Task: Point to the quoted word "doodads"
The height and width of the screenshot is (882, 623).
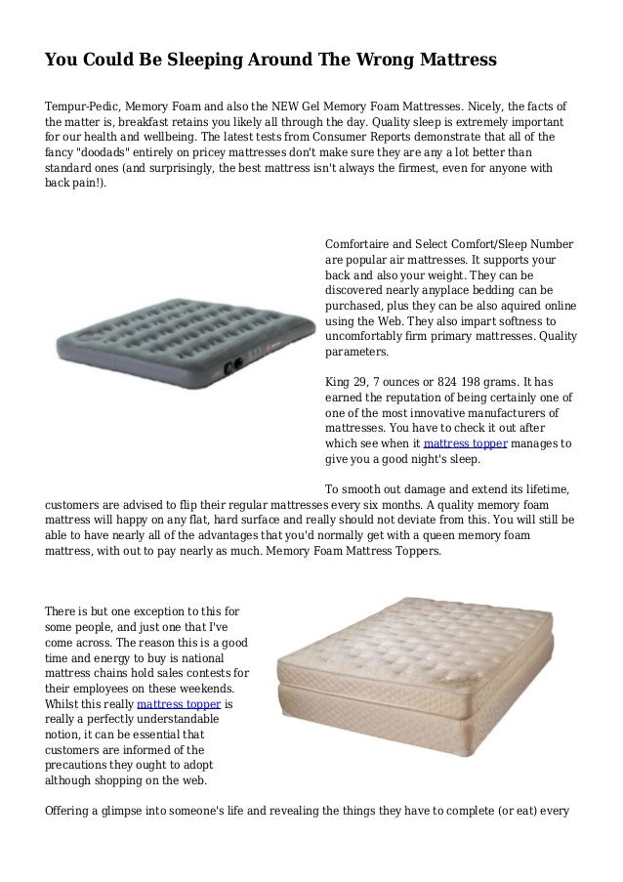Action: point(119,153)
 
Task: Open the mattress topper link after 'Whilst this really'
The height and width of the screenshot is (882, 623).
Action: point(179,704)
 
